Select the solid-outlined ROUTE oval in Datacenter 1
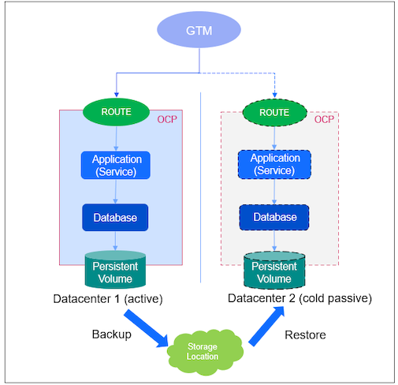116,112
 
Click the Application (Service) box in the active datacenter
116,164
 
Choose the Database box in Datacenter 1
116,216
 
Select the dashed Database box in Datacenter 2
274,216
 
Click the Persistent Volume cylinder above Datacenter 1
116,271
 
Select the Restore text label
303,335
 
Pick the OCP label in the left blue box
167,120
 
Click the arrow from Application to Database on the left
116,192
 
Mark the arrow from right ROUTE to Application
274,137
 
